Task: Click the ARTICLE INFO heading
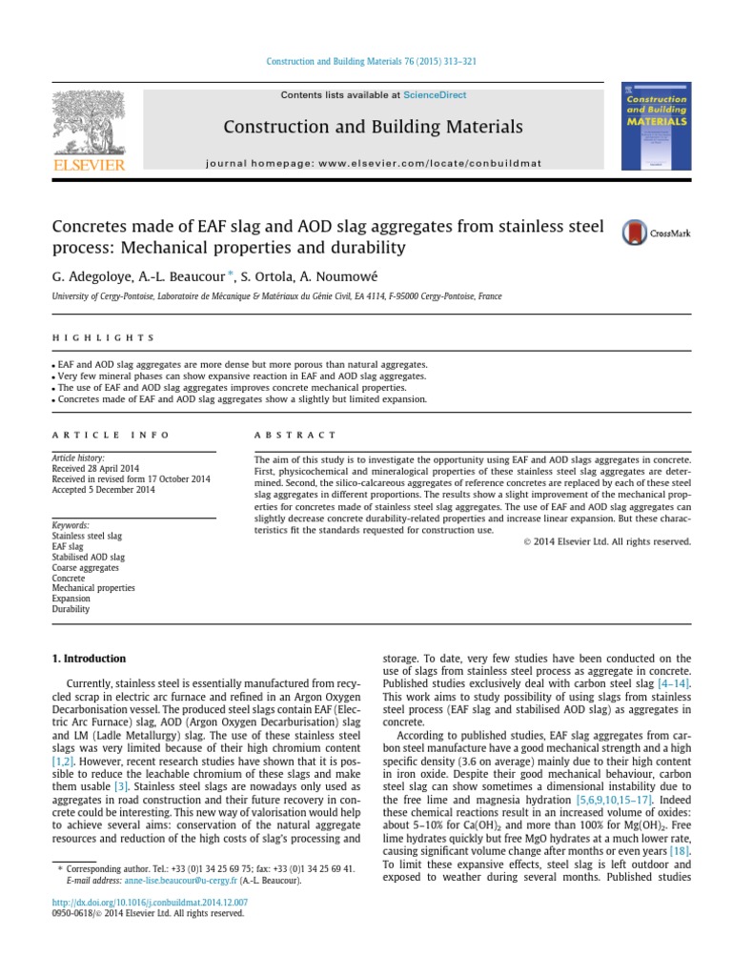tap(111, 435)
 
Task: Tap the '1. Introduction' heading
tap(89, 659)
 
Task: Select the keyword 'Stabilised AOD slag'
tap(89, 557)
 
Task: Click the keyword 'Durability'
tap(71, 609)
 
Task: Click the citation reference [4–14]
tap(673, 684)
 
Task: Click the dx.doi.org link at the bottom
tap(150, 902)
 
